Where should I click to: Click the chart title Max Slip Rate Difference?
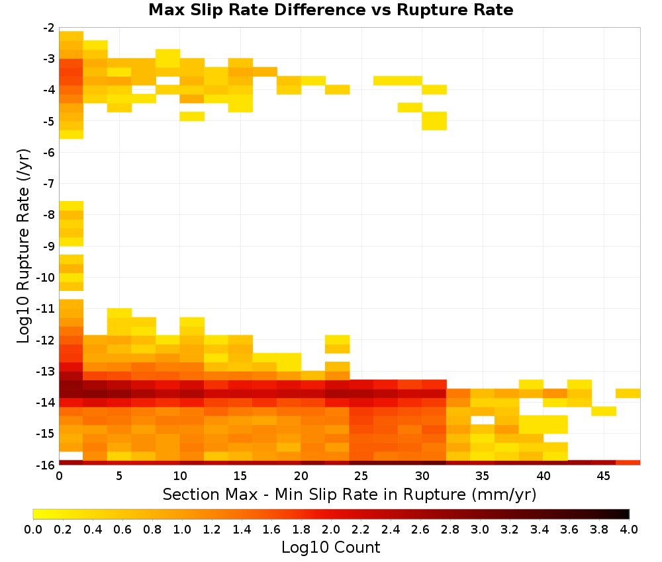(258, 10)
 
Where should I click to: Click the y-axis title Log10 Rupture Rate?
(24, 246)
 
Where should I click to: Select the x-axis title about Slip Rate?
(349, 494)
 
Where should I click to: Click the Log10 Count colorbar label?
(330, 547)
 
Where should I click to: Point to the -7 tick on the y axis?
(49, 183)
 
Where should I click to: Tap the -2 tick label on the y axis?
(49, 28)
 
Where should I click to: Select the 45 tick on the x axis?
(603, 476)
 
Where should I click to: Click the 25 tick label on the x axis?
(361, 476)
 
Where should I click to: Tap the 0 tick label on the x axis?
(59, 476)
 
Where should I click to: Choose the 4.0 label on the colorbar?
(629, 529)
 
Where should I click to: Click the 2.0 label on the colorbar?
(331, 529)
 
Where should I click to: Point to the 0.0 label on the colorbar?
(33, 529)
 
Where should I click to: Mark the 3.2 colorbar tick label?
(510, 529)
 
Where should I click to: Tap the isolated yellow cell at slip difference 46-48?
(628, 393)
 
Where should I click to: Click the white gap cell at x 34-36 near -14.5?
(483, 421)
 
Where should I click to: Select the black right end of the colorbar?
(626, 514)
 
